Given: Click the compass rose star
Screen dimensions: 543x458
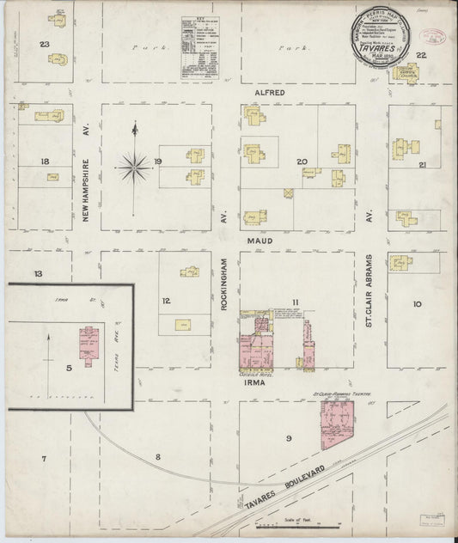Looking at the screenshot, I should [x=135, y=166].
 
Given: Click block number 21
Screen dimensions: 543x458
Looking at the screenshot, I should [x=422, y=164].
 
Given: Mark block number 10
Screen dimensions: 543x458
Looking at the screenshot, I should [x=417, y=303].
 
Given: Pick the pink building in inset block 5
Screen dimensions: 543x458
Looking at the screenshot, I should [x=88, y=345].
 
